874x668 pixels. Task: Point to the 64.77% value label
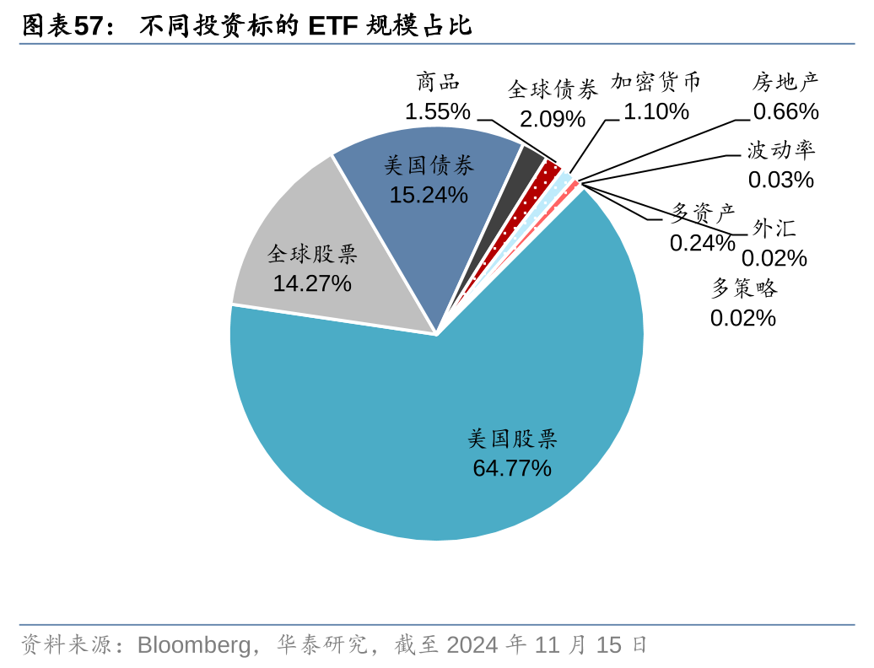(x=511, y=468)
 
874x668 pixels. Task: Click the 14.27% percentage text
(x=311, y=283)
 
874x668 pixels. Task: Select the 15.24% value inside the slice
(x=428, y=195)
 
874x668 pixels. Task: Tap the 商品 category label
(x=438, y=83)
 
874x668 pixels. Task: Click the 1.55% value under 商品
(x=437, y=111)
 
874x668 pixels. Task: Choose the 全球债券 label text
(x=553, y=89)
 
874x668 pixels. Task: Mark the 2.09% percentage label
(x=553, y=119)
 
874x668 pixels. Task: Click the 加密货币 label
(x=656, y=82)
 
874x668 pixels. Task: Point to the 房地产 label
(x=785, y=82)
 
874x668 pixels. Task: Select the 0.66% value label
(x=785, y=111)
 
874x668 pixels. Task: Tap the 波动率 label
(x=780, y=151)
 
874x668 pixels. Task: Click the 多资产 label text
(x=703, y=212)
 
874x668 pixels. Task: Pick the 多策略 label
(x=743, y=288)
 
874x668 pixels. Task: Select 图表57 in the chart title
(x=67, y=26)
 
